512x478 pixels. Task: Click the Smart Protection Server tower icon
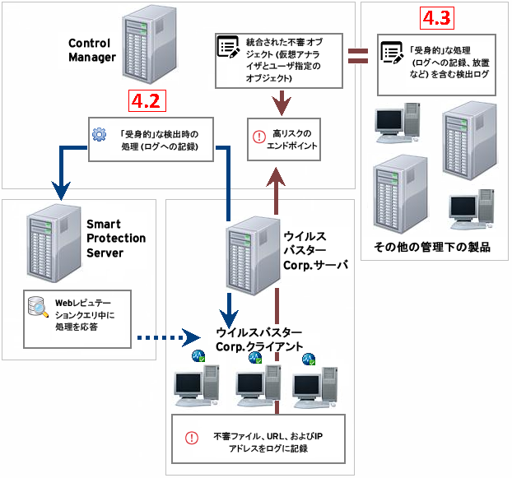[50, 240]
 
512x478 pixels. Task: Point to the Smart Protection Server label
[116, 239]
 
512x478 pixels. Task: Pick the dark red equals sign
[358, 57]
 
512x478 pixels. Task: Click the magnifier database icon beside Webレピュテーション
[38, 309]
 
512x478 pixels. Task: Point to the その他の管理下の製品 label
[432, 247]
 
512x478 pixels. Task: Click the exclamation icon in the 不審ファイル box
[192, 439]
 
